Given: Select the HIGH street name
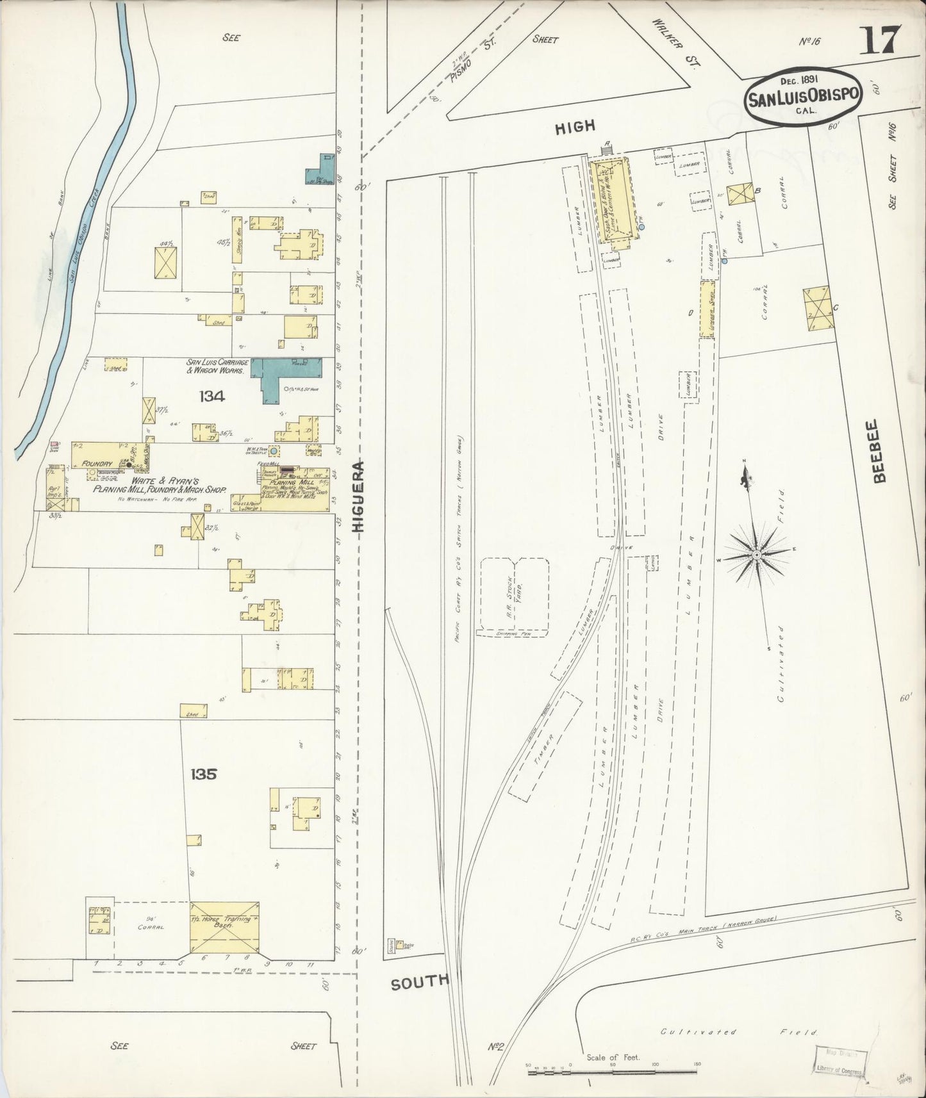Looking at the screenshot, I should click(575, 127).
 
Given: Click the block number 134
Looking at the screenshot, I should click(211, 397).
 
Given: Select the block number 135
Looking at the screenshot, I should click(203, 774).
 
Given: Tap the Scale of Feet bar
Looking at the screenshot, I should click(612, 1070).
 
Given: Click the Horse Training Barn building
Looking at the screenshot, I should click(224, 926).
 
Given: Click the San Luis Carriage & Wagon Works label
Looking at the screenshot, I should click(217, 366).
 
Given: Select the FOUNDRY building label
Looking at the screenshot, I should click(97, 463).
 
